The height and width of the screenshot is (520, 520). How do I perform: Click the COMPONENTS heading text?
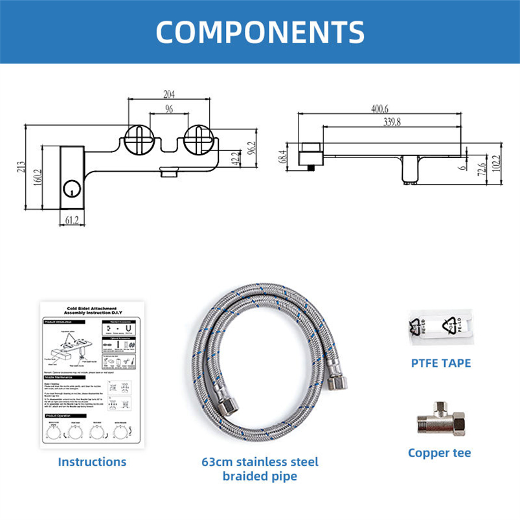(260, 31)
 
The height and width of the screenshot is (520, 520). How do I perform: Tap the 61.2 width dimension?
(72, 220)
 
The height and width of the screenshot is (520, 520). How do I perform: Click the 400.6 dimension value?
(379, 108)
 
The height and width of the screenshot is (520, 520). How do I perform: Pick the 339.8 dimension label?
(391, 121)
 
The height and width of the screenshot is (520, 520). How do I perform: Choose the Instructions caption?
(92, 462)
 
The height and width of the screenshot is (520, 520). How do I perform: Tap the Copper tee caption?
(440, 453)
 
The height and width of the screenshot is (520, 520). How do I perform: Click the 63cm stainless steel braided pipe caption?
(260, 469)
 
